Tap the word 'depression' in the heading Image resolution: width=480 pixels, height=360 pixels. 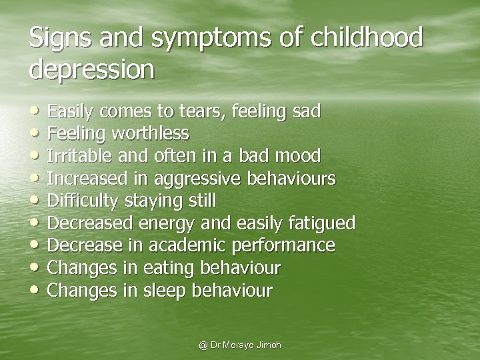[x=92, y=69]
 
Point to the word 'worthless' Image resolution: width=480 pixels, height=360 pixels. [x=151, y=133]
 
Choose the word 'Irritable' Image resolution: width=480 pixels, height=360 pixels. [x=77, y=155]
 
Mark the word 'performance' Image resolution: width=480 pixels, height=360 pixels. [x=287, y=245]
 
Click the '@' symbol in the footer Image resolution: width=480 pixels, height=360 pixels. [x=202, y=345]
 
